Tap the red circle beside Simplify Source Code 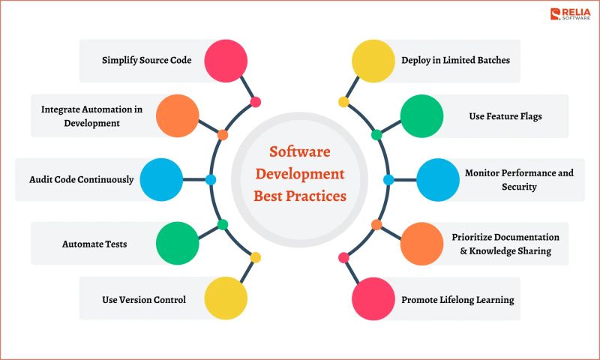tap(226, 61)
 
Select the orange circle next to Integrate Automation tap(178, 116)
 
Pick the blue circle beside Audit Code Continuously tap(161, 180)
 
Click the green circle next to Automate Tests tap(178, 243)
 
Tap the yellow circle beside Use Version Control tap(226, 298)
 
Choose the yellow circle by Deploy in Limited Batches tap(373, 61)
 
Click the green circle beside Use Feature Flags tap(421, 116)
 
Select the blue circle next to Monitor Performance tap(438, 180)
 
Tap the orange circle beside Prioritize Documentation tap(421, 243)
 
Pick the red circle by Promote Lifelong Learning tap(373, 298)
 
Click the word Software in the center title tap(299, 151)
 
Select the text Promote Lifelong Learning tap(457, 300)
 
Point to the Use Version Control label tap(144, 300)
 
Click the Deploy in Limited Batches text tap(455, 59)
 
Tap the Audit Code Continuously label tap(82, 180)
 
